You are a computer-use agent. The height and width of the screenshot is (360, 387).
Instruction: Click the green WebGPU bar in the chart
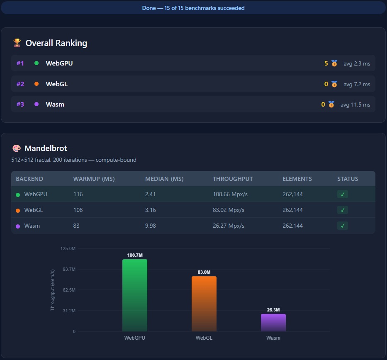[x=135, y=295]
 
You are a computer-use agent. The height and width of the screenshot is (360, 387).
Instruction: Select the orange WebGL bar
[x=204, y=304]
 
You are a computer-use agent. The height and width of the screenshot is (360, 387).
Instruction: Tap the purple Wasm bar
[x=273, y=323]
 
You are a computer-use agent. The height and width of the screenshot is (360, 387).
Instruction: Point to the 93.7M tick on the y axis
[x=68, y=269]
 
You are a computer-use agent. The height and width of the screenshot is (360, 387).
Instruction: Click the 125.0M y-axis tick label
[x=68, y=248]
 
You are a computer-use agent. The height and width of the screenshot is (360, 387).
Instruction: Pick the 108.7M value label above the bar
[x=135, y=255]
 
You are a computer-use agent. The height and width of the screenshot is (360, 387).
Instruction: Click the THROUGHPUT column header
[x=233, y=179]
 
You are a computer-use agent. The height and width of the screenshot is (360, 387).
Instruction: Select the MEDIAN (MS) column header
[x=164, y=179]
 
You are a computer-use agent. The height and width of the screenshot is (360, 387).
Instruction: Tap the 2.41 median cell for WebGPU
[x=151, y=194]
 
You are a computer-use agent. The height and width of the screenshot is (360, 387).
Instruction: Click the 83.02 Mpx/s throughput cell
[x=229, y=210]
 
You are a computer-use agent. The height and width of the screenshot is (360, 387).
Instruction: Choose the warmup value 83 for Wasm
[x=76, y=226]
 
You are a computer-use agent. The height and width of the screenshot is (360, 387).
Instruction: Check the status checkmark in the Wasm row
[x=342, y=226]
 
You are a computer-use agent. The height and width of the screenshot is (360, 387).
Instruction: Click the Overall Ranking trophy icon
[x=17, y=43]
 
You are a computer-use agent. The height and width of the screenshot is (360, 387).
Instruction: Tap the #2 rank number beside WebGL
[x=20, y=84]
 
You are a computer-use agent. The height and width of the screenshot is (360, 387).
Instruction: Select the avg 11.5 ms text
[x=355, y=105]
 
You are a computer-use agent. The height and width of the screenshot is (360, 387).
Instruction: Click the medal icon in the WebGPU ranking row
[x=334, y=63]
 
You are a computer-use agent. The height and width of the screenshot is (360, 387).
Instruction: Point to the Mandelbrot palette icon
[x=17, y=148]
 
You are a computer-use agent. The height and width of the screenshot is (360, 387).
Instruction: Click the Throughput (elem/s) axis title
[x=53, y=290]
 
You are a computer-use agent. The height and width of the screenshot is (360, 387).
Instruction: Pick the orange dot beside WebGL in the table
[x=18, y=210]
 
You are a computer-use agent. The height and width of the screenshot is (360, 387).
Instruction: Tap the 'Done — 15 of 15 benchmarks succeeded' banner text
[x=193, y=8]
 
